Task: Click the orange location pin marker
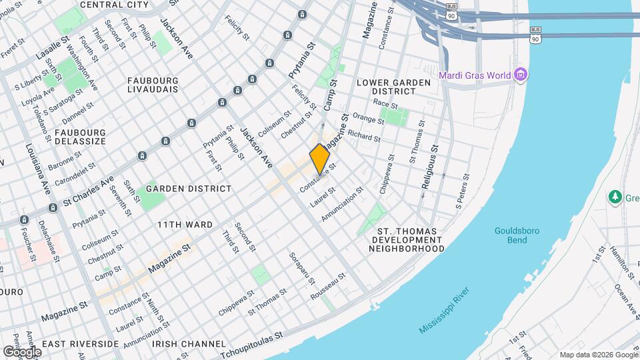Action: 321,159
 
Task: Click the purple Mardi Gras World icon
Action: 521,74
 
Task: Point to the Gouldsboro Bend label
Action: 517,235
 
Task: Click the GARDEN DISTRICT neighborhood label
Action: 189,189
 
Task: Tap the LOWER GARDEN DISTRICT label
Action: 390,87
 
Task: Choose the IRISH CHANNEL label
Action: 188,344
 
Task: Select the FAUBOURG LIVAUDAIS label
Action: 155,85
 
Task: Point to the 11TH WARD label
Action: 185,225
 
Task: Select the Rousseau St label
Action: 333,285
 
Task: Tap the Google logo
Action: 22,351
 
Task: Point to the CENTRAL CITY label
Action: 114,5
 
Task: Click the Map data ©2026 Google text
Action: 597,355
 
